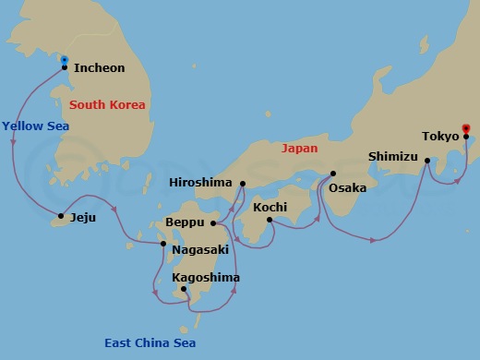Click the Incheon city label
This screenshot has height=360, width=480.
pos(99,68)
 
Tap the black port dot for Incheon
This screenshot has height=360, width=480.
pos(64,68)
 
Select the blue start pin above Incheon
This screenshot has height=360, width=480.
pos(64,60)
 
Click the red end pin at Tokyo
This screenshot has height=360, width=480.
pos(466,128)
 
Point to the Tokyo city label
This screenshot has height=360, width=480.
pos(440,137)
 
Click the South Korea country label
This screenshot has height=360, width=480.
pos(107,104)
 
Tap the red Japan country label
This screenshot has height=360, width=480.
pos(299,148)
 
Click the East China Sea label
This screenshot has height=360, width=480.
pos(150,343)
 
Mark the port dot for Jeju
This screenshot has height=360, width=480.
pos(61,218)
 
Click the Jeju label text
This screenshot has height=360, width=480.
pos(83,219)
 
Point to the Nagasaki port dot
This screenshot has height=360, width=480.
pos(163,245)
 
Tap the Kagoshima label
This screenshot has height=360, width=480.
pos(206,277)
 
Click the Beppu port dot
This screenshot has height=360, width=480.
pos(213,222)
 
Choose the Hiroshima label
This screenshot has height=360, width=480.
pos(200,183)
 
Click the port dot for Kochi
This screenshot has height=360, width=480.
pos(270,220)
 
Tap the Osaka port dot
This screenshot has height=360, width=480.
pos(333,174)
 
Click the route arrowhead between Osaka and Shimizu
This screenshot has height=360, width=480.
pos(373,240)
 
